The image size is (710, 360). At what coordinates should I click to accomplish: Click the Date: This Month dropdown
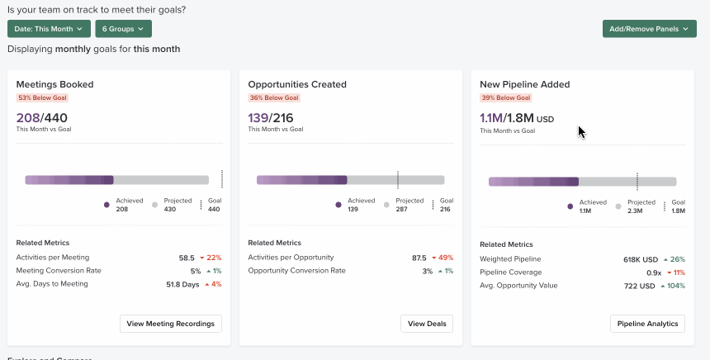click(x=49, y=29)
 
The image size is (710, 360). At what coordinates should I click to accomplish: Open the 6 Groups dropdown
click(x=123, y=29)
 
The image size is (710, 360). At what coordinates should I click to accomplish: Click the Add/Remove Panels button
click(x=649, y=29)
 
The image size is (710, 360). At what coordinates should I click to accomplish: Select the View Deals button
click(x=427, y=324)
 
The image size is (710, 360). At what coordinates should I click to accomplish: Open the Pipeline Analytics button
click(x=647, y=324)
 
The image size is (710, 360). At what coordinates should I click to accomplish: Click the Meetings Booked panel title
click(x=54, y=84)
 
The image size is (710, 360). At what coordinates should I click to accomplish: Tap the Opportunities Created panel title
click(x=297, y=84)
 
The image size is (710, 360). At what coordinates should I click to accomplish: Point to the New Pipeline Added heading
click(x=525, y=84)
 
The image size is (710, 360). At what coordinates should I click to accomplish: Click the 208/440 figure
click(x=41, y=118)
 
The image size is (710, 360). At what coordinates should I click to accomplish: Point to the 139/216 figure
click(x=271, y=118)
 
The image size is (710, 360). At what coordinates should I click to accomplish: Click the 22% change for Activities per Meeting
click(x=212, y=258)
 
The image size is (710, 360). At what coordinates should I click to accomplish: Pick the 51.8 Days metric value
click(x=183, y=284)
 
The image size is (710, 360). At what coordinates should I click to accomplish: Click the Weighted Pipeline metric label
click(x=510, y=259)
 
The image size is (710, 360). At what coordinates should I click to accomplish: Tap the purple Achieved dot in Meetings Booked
click(x=106, y=205)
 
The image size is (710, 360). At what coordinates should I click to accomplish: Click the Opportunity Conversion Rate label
click(x=296, y=271)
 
